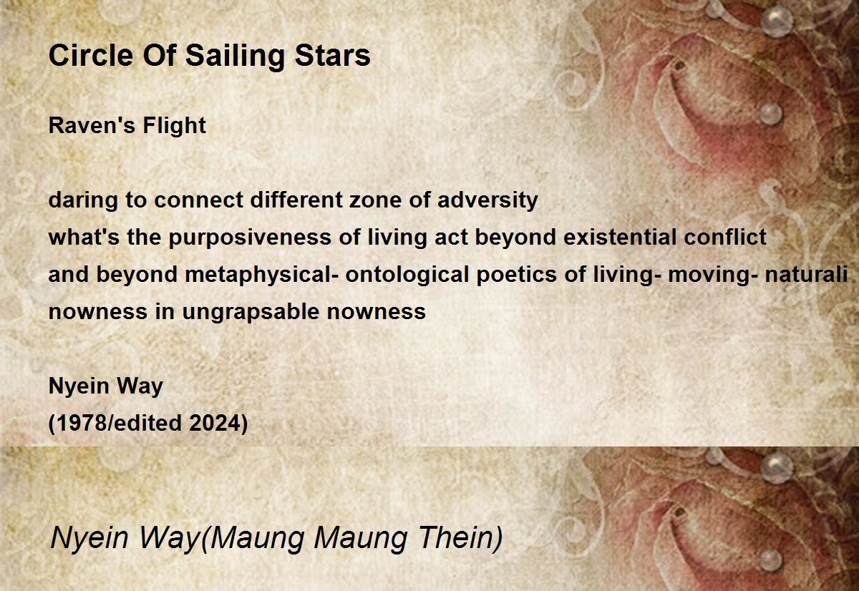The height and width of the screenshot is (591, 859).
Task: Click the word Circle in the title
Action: pyautogui.click(x=91, y=55)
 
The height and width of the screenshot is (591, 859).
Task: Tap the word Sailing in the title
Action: pyautogui.click(x=236, y=57)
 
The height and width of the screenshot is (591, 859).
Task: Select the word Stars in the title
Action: pyautogui.click(x=332, y=56)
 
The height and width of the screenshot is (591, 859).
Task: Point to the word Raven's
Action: pyautogui.click(x=90, y=125)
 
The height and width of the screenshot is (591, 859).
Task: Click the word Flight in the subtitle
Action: pyautogui.click(x=175, y=126)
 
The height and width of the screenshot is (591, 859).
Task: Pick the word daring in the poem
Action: pyautogui.click(x=83, y=201)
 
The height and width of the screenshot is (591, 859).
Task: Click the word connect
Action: pyautogui.click(x=199, y=200)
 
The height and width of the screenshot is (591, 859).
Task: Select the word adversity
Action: pyautogui.click(x=487, y=201)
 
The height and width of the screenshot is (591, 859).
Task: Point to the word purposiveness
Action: pyautogui.click(x=250, y=238)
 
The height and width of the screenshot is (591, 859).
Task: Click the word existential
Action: pyautogui.click(x=620, y=238)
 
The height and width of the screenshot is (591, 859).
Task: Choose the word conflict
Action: pyautogui.click(x=726, y=238)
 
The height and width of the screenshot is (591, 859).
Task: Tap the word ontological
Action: pyautogui.click(x=407, y=275)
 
